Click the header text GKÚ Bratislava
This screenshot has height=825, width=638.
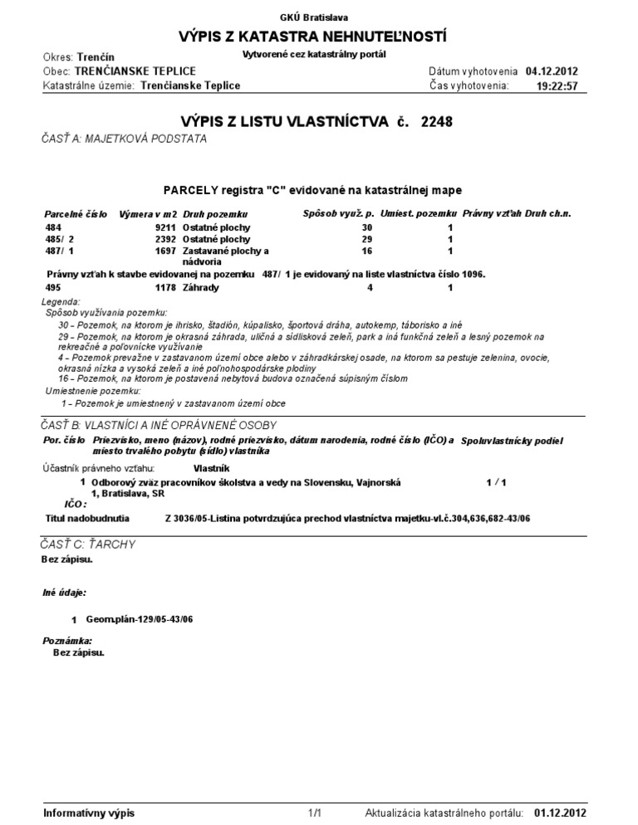point(319,17)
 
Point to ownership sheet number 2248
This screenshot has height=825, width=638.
point(439,122)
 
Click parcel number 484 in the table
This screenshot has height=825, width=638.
point(53,227)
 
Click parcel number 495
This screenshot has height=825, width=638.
point(53,287)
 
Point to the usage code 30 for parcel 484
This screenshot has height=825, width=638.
point(367,227)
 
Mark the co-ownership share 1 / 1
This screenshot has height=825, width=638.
point(496,481)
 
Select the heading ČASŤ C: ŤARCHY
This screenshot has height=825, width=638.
point(87,544)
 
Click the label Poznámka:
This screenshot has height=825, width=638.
point(67,642)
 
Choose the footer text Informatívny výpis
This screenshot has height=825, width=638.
point(89,813)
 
